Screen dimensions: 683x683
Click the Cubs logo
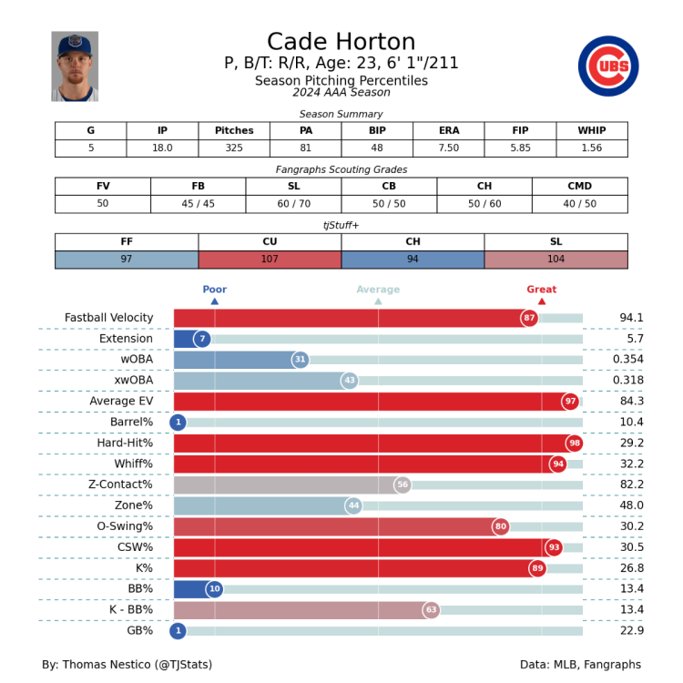coord(608,66)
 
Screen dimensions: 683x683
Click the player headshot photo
coord(75,66)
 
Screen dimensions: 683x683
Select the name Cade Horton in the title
coord(341,42)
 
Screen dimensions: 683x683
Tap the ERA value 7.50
coord(449,148)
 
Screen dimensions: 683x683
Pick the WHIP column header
coord(592,130)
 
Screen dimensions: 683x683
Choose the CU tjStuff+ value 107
coord(270,260)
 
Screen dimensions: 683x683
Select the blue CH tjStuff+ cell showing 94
coord(413,260)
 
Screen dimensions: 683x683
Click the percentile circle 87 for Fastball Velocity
coord(529,318)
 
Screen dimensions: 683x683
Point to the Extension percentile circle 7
coord(202,339)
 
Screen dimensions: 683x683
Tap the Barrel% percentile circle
coord(178,423)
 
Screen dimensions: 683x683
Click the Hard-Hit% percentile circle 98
coord(574,443)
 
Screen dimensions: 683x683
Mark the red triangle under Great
coord(542,301)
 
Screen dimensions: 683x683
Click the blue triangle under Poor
coord(215,301)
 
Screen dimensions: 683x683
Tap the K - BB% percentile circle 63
coord(431,610)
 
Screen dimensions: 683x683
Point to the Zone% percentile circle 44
coord(353,505)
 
